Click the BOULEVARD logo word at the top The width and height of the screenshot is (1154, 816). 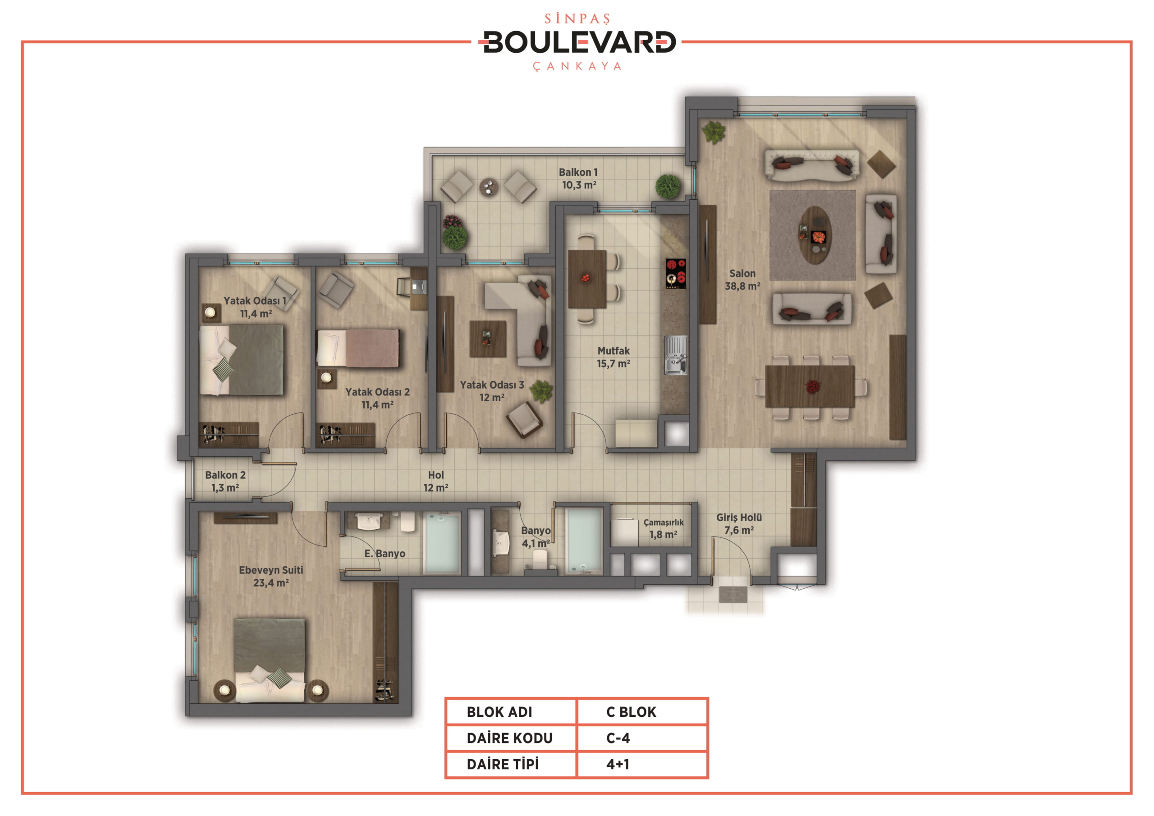(x=580, y=42)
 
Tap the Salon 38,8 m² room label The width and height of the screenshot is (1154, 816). (x=742, y=280)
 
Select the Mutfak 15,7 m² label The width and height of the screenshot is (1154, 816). (x=613, y=357)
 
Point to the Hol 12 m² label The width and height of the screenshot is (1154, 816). (x=436, y=481)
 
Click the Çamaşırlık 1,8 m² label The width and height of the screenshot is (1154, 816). (x=664, y=528)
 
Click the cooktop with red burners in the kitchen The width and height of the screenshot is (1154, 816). (x=676, y=274)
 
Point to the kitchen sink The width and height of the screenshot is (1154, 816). (x=676, y=355)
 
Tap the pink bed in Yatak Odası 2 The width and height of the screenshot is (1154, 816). (x=358, y=348)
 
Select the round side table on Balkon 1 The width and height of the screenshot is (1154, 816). (x=488, y=187)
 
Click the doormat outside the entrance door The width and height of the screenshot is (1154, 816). (x=733, y=594)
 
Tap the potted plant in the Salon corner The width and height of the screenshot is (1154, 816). (x=714, y=132)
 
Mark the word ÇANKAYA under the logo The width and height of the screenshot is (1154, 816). (x=577, y=66)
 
